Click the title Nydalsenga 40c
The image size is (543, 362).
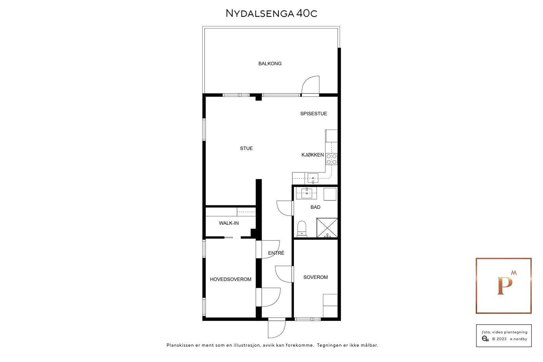(x=271, y=14)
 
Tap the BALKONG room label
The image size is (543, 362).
(x=270, y=63)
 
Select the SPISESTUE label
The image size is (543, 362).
(x=314, y=114)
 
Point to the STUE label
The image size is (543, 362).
(x=246, y=148)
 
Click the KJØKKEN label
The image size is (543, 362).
(x=313, y=155)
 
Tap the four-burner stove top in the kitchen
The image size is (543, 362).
(x=332, y=159)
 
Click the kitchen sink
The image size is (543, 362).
(x=313, y=178)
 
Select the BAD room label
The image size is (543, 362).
(x=315, y=207)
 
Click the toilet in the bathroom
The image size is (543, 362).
(x=301, y=229)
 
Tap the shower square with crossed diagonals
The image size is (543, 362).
(x=327, y=228)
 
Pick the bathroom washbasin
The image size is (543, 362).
(x=307, y=193)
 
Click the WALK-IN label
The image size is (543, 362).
(x=229, y=223)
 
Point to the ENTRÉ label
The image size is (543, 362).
(x=276, y=253)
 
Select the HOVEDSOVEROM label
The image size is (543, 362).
(x=231, y=280)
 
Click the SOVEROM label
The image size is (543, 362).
(x=316, y=277)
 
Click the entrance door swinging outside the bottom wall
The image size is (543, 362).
(x=276, y=329)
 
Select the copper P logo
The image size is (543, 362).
(x=504, y=286)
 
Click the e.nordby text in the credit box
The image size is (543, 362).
(x=519, y=339)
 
